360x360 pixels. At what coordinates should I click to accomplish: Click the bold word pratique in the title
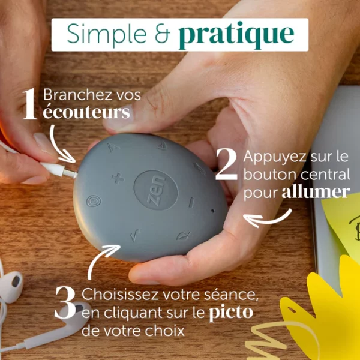236,35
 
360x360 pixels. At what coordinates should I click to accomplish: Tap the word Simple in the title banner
107,33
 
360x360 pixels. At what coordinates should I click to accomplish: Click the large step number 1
30,104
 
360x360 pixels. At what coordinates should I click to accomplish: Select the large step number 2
226,164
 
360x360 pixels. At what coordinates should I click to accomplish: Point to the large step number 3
65,302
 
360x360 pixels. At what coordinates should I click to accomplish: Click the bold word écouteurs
86,112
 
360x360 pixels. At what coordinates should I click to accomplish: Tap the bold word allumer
316,193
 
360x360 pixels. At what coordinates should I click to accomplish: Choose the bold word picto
231,313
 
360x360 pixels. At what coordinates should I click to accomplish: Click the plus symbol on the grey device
118,178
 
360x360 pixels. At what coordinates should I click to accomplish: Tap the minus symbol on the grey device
191,203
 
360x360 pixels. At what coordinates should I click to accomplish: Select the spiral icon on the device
94,202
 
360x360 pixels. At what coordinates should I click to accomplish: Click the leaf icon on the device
183,236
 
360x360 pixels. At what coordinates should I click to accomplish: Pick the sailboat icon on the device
163,146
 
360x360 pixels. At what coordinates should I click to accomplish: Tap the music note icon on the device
135,235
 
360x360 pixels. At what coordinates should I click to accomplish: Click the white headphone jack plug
59,170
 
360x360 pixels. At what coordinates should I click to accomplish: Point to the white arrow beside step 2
267,220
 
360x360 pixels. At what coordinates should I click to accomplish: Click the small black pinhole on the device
213,211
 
